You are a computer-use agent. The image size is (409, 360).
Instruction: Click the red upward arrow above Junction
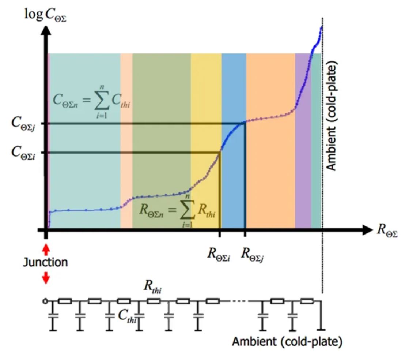click(x=46, y=250)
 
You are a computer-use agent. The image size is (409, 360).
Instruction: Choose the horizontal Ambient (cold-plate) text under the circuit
click(x=287, y=342)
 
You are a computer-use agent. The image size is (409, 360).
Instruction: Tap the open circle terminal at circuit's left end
click(x=45, y=301)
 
